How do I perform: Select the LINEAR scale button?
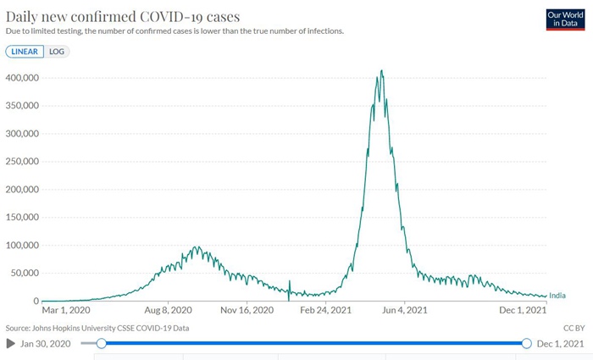pyautogui.click(x=25, y=51)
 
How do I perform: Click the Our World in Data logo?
pyautogui.click(x=565, y=19)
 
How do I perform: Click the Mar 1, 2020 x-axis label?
pyautogui.click(x=64, y=311)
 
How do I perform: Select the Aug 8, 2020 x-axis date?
pyautogui.click(x=169, y=311)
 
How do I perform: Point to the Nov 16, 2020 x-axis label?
pyautogui.click(x=248, y=311)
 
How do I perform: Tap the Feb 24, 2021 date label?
pyautogui.click(x=326, y=311)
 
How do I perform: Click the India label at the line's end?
pyautogui.click(x=557, y=296)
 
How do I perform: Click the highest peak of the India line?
pyautogui.click(x=382, y=70)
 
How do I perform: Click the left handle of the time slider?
pyautogui.click(x=102, y=343)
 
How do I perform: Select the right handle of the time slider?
pyautogui.click(x=526, y=343)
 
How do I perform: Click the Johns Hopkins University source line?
pyautogui.click(x=97, y=327)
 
